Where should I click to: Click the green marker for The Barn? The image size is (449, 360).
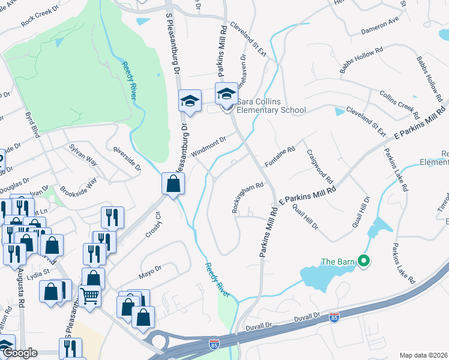click(x=363, y=261)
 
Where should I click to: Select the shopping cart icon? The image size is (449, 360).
click(x=89, y=295)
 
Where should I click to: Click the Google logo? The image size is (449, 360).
click(x=20, y=353)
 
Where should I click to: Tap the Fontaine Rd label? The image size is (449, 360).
click(x=280, y=157)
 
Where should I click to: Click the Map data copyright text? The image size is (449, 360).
click(x=424, y=355)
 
